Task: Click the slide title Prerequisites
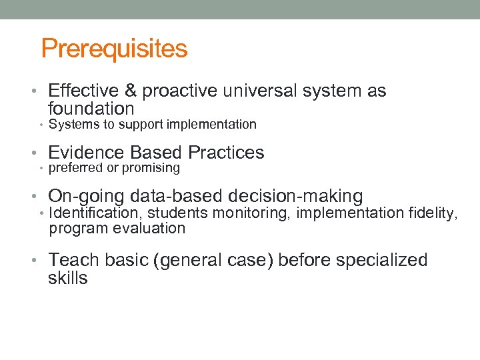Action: pos(114,49)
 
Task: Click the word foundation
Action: pos(91,109)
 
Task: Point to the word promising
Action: pos(151,168)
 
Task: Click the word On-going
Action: pos(87,197)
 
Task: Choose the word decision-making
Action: pos(295,197)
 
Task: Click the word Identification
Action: pos(95,213)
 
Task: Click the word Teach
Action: pos(73,260)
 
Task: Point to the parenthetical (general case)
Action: pos(213,260)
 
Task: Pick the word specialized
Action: pos(381,260)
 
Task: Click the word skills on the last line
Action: pos(68,278)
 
